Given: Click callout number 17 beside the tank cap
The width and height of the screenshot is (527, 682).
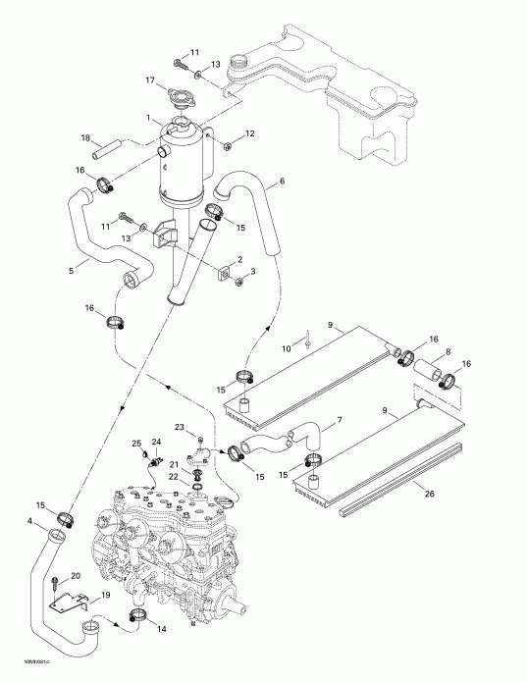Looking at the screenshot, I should pyautogui.click(x=150, y=80).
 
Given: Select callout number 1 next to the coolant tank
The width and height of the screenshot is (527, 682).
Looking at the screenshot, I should pyautogui.click(x=148, y=120).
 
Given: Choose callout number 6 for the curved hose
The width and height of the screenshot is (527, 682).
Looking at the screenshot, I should pyautogui.click(x=282, y=182).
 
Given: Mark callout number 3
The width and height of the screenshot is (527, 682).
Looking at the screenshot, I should pyautogui.click(x=253, y=270).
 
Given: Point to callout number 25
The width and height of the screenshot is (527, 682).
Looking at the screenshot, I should pyautogui.click(x=136, y=444).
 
